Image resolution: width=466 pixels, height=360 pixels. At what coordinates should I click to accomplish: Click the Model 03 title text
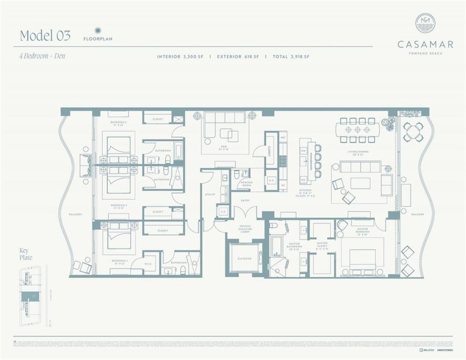point(45,36)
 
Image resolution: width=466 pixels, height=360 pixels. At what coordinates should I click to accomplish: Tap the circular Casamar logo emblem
point(425,23)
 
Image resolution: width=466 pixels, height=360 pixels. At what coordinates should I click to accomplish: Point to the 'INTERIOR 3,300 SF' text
point(181,57)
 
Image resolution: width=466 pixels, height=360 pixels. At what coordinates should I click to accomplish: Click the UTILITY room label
point(209,195)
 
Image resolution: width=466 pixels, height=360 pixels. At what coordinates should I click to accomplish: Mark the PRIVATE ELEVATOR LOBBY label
point(244,229)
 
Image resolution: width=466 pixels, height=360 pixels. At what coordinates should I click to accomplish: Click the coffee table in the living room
point(360,182)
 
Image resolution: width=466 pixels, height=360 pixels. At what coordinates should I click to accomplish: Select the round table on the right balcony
point(412,131)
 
